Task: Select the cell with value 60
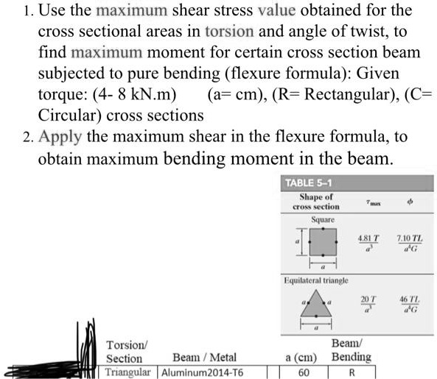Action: click(x=303, y=372)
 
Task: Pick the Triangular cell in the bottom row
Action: click(x=127, y=372)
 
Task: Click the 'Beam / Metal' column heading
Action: click(x=205, y=358)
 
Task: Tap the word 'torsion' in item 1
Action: click(x=229, y=32)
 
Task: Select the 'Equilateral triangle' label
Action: click(x=316, y=280)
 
